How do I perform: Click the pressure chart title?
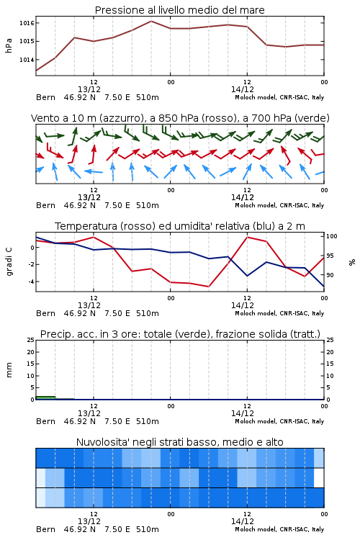click(x=179, y=10)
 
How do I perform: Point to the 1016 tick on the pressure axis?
click(x=27, y=23)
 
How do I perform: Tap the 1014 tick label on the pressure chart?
click(x=27, y=60)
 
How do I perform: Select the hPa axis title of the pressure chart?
click(x=9, y=45)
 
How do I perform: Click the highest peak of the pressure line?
click(x=151, y=21)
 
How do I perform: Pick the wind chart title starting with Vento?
click(x=180, y=118)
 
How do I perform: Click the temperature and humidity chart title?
click(x=180, y=226)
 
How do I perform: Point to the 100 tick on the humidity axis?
click(x=332, y=236)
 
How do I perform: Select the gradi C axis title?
click(x=9, y=261)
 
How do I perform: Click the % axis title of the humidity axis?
click(x=352, y=262)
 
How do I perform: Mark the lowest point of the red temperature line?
click(x=208, y=287)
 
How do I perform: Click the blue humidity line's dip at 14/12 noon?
click(x=247, y=276)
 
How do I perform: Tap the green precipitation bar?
click(x=45, y=397)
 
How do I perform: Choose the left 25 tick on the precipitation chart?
click(x=30, y=340)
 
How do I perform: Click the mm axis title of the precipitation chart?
click(x=9, y=369)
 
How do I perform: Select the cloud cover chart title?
click(x=179, y=442)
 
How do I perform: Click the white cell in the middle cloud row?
click(x=319, y=477)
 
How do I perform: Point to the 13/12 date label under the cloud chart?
click(x=89, y=521)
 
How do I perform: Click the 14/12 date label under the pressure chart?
click(x=243, y=89)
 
